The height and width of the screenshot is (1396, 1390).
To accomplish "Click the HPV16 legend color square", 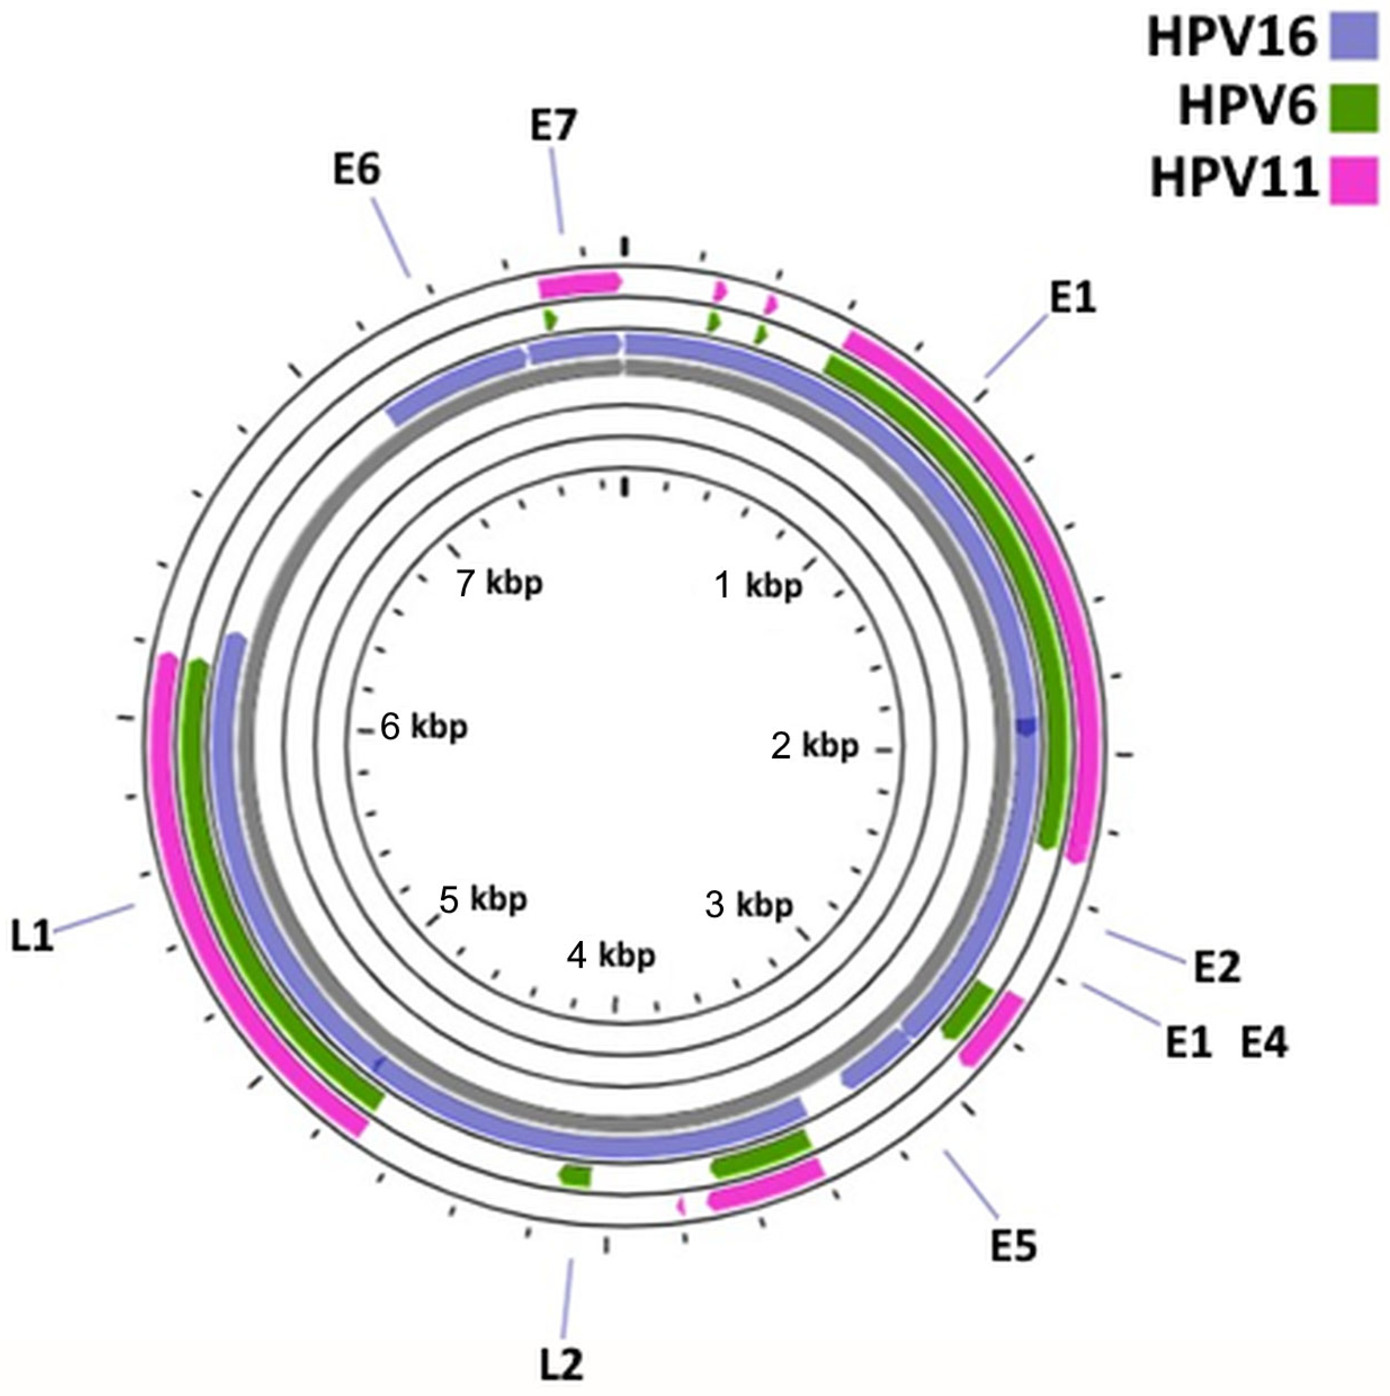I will [x=1354, y=38].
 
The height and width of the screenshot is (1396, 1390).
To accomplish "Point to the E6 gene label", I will [x=357, y=170].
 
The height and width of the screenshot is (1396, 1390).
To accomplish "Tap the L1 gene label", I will [x=32, y=938].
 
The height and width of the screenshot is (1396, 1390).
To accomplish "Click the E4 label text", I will [x=1264, y=1043].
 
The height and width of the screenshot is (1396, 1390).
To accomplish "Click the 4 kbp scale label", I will [x=611, y=956].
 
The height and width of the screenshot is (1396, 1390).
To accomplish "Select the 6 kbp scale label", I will [x=424, y=727].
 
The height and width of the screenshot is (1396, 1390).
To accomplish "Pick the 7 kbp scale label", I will [x=499, y=583].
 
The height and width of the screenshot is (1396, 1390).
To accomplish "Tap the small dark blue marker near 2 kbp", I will [x=1025, y=726].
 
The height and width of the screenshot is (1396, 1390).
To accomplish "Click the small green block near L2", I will [x=576, y=1176].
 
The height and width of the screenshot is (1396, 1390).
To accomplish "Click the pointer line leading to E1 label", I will [x=1016, y=348].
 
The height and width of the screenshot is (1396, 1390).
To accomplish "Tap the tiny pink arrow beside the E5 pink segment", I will [x=681, y=1205].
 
